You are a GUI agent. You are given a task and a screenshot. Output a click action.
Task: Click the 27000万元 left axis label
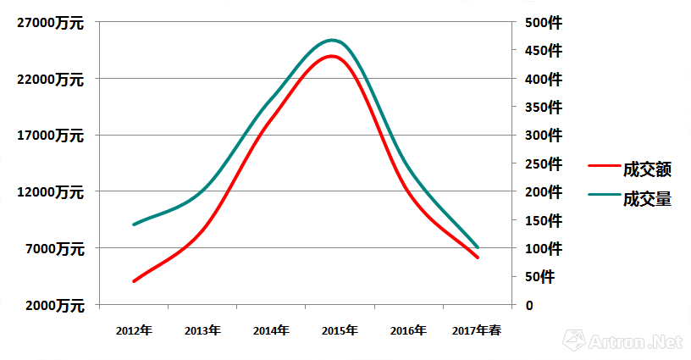[x=49, y=23]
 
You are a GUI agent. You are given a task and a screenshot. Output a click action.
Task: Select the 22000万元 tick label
[x=49, y=79]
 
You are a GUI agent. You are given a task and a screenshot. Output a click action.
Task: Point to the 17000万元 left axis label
[x=49, y=136]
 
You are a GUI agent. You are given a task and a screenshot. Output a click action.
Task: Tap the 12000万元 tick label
[x=49, y=192]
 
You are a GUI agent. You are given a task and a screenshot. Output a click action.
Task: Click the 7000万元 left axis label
[x=53, y=249]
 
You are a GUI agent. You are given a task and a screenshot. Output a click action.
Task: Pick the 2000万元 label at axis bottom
[x=53, y=305]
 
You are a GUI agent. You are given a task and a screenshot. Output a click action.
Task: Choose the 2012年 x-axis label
[x=134, y=330]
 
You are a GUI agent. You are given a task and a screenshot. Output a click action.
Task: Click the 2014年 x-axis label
[x=271, y=330]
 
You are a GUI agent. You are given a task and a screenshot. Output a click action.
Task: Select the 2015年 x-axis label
[x=340, y=330]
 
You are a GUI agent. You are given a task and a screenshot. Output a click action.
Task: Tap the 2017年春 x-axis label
[x=477, y=330]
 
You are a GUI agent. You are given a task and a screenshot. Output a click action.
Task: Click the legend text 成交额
[x=647, y=169]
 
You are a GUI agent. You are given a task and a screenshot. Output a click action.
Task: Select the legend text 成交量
[x=647, y=199]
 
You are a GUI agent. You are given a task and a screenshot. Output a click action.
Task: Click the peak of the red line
[x=331, y=57]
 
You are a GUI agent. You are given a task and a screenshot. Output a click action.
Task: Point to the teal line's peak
[x=332, y=40]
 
